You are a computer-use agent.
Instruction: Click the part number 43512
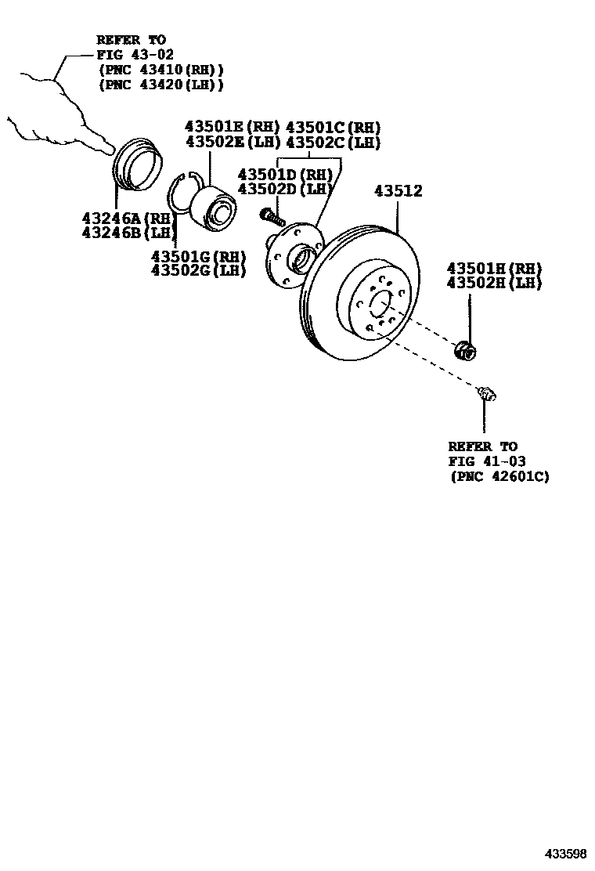coord(398,191)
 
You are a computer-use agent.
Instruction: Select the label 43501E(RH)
coord(233,127)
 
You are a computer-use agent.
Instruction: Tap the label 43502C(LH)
coord(333,143)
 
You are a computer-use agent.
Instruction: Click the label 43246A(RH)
coord(126,218)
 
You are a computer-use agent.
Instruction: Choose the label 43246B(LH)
coord(126,233)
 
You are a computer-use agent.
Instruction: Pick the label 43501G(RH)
coord(198,256)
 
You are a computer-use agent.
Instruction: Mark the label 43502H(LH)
coord(493,284)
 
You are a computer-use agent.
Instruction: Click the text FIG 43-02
coord(132,54)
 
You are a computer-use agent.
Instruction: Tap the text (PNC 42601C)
coord(499,476)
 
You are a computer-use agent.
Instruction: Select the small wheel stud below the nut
coord(487,394)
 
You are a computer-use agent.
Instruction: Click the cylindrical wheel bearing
coord(215,205)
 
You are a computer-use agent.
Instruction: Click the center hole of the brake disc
coord(379,303)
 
